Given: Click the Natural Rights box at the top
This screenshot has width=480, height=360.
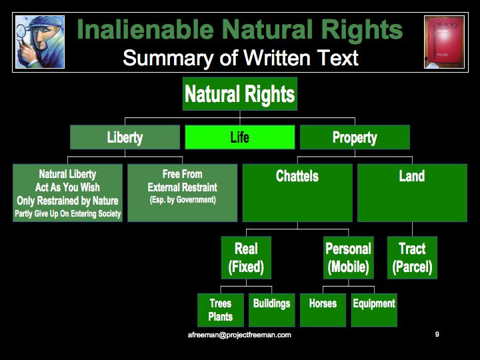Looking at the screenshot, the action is pos(240,94).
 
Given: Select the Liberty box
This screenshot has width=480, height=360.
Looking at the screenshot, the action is pos(125,137).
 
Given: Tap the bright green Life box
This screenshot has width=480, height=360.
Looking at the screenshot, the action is pos(240,137).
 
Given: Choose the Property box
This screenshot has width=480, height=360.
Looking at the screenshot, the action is pos(355,137).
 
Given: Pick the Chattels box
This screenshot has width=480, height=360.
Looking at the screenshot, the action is pos(297,193).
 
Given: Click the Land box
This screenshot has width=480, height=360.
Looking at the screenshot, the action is pos(412,193).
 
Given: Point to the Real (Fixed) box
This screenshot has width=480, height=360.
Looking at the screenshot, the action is pos(246,257).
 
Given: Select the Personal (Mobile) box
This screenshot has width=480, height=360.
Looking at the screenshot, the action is pos(349,257).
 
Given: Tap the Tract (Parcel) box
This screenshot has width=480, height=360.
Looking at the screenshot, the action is pos(412,257).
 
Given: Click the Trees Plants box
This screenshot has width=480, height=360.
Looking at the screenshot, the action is pos(221,310).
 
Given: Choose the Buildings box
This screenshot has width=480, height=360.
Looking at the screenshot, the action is pos(271,310).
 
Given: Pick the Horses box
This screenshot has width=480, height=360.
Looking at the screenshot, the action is pos(323,310).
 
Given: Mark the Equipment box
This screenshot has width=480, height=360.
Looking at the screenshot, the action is pos(374,310).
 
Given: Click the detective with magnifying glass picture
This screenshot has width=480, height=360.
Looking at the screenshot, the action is pos(40,42).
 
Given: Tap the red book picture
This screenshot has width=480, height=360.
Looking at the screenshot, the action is pos(444,42).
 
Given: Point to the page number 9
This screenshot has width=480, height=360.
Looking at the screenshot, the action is pos(437,334).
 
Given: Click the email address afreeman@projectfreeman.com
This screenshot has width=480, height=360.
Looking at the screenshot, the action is pos(239,335).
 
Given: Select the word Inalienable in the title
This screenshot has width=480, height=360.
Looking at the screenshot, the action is pos(145,29).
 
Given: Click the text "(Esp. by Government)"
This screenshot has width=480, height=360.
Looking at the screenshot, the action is pos(183,200).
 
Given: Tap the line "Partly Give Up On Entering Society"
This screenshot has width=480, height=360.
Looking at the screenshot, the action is pos(67,213).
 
